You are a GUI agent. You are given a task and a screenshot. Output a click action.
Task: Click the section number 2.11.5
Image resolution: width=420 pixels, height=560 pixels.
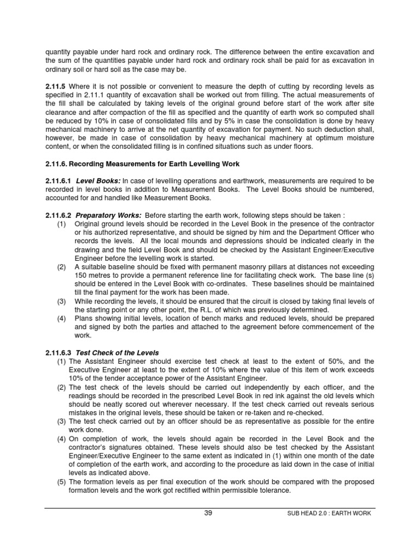point(55,86)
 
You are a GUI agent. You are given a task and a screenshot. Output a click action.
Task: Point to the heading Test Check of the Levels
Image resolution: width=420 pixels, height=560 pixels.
point(117,353)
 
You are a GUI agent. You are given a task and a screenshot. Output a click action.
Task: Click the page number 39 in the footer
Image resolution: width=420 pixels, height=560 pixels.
point(208,513)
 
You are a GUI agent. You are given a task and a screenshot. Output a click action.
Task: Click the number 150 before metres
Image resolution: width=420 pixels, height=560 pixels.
point(81,275)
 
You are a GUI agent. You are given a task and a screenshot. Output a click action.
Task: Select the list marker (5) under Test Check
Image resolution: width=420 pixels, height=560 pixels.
point(62,482)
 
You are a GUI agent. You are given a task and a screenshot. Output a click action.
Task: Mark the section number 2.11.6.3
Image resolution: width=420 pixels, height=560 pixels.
point(59,353)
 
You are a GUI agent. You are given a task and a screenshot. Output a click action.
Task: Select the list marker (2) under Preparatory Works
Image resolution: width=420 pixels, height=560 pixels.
point(62,266)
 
